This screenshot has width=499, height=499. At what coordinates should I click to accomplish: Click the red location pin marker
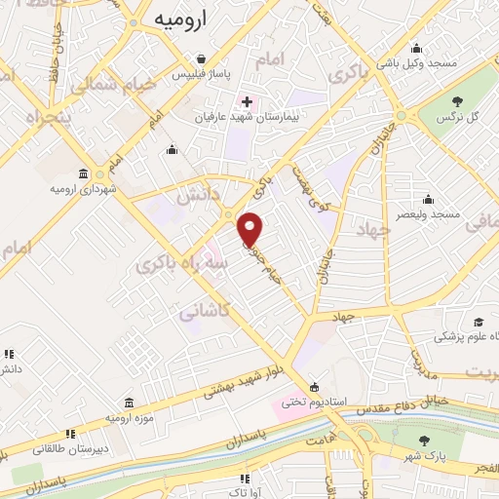(x=250, y=228)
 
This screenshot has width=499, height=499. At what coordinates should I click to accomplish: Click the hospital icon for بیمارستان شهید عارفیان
(x=246, y=101)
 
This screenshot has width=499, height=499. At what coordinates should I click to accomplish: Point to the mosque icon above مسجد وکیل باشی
(x=417, y=49)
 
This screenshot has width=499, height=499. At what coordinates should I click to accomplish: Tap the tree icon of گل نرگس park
(x=456, y=100)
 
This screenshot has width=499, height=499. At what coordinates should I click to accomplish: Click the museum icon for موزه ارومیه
(x=129, y=403)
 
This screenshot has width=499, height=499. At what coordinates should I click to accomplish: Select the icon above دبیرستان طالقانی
(x=69, y=435)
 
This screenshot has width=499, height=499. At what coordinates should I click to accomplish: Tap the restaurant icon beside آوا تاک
(x=244, y=479)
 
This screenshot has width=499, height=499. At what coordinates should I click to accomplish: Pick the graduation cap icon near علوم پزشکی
(x=479, y=322)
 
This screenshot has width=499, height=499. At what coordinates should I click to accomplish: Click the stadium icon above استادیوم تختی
(x=313, y=385)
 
